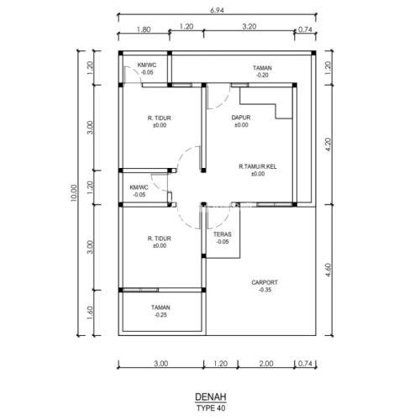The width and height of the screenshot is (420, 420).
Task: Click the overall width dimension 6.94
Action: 217,11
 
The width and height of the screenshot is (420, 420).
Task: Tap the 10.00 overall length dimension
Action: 73,192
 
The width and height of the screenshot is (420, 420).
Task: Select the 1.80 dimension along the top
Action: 144,29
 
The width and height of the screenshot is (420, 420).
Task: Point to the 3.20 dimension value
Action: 249,27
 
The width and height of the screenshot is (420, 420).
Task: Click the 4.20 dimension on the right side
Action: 328,144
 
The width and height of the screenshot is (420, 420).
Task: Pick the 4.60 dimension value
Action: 328,270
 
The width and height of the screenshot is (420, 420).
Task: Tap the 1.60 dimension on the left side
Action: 90,312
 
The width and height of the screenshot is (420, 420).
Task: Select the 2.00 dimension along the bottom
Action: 266,364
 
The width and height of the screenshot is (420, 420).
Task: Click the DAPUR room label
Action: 241,118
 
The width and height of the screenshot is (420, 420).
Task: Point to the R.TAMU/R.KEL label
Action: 258,166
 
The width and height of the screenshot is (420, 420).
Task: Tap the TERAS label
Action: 223,234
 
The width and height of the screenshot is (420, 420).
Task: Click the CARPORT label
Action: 265,282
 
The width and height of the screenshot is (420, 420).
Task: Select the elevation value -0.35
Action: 265,290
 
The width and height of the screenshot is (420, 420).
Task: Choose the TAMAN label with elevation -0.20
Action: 262,68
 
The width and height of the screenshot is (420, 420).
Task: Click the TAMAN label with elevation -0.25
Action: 160,307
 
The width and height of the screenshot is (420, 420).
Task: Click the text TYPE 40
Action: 211,408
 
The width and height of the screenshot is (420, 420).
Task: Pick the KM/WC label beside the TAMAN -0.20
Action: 147,66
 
